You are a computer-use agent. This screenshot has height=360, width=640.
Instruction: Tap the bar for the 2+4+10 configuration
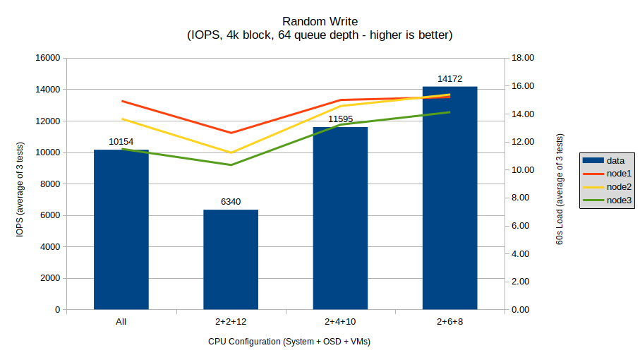pyautogui.click(x=340, y=218)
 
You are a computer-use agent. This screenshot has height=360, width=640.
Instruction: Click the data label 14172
pyautogui.click(x=449, y=79)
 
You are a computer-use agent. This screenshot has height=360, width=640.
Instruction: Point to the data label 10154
pyautogui.click(x=121, y=142)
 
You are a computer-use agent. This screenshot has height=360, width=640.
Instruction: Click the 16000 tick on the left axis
pyautogui.click(x=47, y=58)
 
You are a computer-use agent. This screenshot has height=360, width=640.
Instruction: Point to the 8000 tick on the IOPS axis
pyautogui.click(x=49, y=184)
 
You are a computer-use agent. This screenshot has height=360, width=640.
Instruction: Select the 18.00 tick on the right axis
pyautogui.click(x=524, y=58)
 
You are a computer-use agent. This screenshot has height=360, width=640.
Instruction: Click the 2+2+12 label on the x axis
pyautogui.click(x=231, y=322)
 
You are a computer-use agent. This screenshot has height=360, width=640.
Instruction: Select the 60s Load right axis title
pyautogui.click(x=560, y=184)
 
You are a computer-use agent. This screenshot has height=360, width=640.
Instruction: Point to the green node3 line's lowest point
pyautogui.click(x=231, y=165)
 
